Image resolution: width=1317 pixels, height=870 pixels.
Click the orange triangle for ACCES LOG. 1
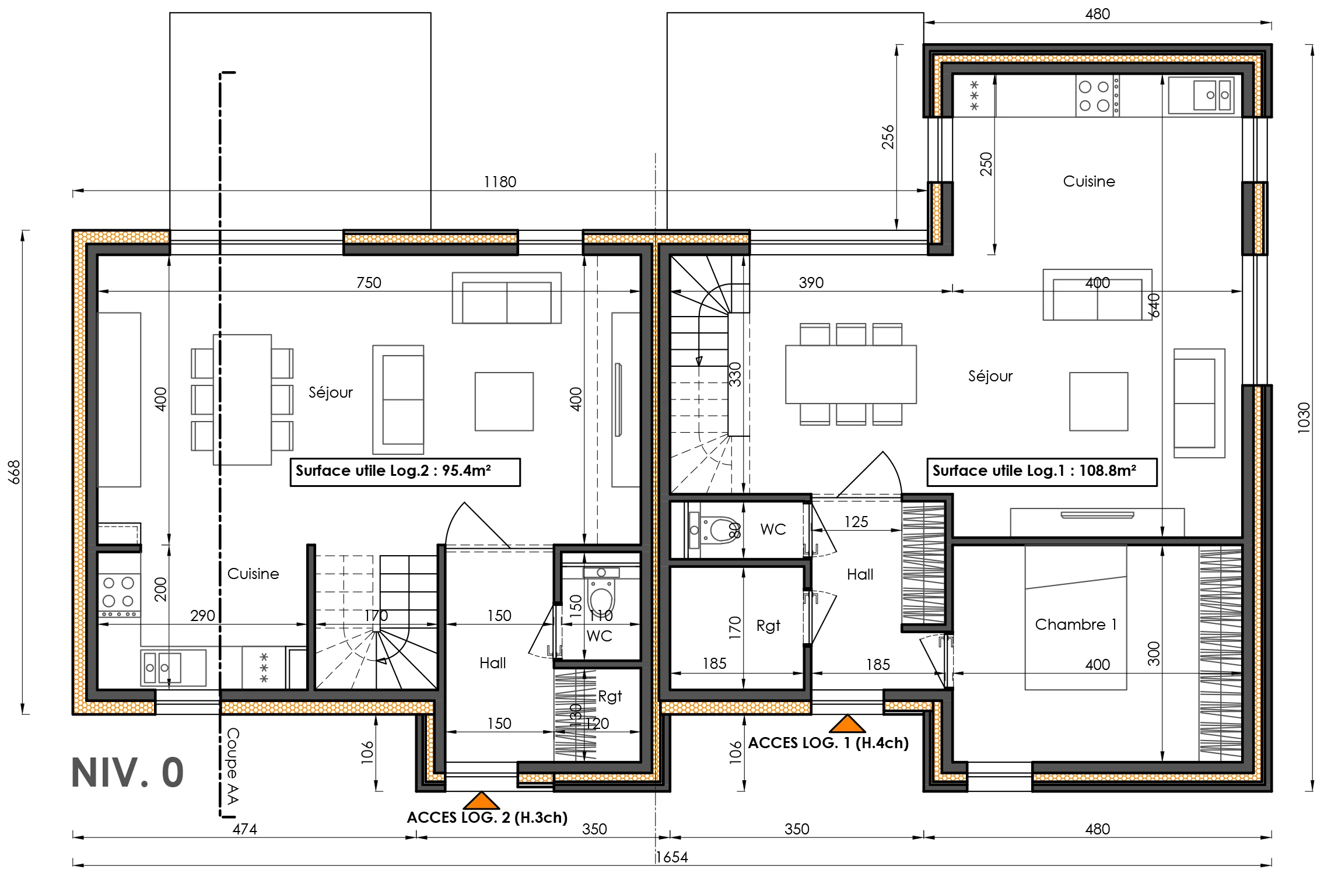[846, 725]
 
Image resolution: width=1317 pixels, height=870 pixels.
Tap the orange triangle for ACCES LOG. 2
[481, 801]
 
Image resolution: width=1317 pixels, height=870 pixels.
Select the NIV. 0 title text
[128, 773]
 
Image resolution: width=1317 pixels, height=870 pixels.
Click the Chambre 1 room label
[1076, 625]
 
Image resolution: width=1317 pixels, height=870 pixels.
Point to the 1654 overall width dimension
[671, 857]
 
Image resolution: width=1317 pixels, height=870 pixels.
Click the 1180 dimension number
[500, 182]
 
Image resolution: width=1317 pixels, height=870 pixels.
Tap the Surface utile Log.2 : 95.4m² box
[405, 472]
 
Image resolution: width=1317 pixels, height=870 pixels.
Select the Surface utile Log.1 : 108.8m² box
[1042, 472]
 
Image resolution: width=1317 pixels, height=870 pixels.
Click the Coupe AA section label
[233, 766]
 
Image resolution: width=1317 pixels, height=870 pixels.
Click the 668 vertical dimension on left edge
[15, 472]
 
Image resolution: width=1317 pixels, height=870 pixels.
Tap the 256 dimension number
[888, 137]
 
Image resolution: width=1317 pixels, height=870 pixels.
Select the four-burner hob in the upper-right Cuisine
[1094, 96]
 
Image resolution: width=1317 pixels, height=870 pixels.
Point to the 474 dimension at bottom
[244, 829]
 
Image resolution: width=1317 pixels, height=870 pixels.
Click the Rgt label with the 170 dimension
[768, 626]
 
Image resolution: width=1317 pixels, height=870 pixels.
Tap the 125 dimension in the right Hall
[856, 522]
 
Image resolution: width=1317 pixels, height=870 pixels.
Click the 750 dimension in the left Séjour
[369, 283]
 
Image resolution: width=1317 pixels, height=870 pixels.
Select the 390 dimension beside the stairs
[811, 283]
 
